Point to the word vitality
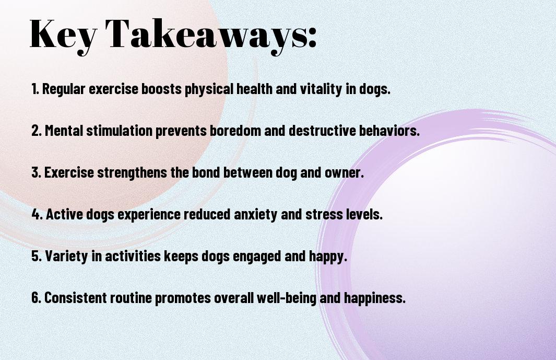coord(321,89)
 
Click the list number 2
coord(36,131)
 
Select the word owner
coord(344,173)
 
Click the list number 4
coord(37,214)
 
